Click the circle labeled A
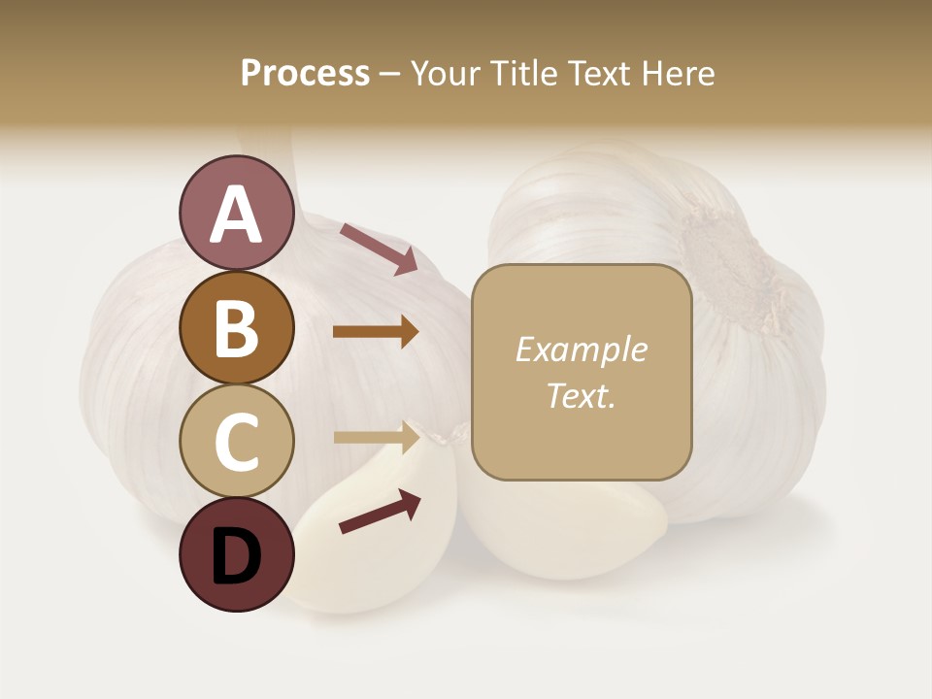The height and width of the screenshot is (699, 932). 236,214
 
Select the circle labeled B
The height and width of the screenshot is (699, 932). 236,328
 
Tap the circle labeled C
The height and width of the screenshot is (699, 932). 236,442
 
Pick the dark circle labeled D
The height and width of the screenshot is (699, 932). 236,555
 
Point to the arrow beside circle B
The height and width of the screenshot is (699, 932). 376,332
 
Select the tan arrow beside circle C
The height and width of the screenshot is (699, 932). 377,438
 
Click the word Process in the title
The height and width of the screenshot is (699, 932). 305,73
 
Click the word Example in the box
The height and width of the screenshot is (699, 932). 581,349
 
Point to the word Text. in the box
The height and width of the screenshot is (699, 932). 581,395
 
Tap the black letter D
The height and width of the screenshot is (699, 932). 237,557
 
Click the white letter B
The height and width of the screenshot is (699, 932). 237,329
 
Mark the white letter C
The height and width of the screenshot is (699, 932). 237,443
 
